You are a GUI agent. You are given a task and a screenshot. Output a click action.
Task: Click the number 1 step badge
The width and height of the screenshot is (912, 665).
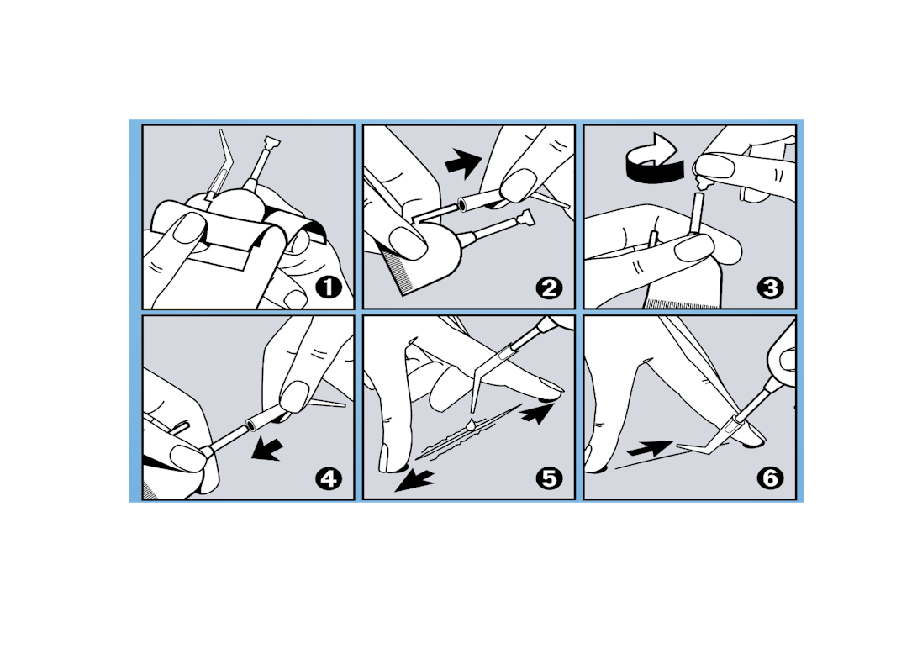(x=329, y=288)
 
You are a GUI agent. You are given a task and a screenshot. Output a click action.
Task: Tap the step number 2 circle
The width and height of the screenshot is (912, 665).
(x=550, y=288)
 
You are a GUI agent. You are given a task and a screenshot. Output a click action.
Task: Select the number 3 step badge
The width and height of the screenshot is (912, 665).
(x=771, y=288)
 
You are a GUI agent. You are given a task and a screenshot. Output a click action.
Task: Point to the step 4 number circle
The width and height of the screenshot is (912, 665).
(x=329, y=479)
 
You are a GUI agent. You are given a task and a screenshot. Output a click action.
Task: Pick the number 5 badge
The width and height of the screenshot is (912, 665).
(x=550, y=479)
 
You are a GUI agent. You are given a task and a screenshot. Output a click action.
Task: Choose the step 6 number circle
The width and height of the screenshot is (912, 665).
(x=771, y=479)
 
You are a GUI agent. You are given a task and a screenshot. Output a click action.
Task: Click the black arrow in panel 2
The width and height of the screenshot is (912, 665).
(x=463, y=161)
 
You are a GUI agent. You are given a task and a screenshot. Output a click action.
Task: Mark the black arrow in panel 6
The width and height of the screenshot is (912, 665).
(x=651, y=449)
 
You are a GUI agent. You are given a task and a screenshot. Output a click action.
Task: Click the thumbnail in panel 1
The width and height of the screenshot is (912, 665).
(x=189, y=228)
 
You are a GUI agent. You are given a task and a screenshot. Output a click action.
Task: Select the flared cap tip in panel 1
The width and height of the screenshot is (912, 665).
(x=272, y=142)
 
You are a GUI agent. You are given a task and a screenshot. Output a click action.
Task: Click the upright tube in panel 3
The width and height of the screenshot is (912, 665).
(x=697, y=214)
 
